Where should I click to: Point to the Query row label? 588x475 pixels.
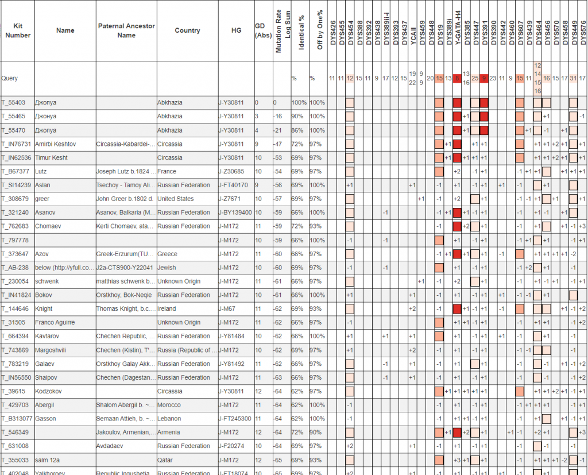[x=10, y=78]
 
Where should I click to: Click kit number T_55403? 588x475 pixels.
[x=13, y=103]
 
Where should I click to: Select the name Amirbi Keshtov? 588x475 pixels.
[x=55, y=144]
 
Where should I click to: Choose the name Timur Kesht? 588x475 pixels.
[x=52, y=157]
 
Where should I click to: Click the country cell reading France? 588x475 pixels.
[x=167, y=171]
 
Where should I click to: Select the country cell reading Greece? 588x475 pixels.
[x=167, y=254]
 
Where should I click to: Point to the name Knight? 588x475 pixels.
[x=44, y=309]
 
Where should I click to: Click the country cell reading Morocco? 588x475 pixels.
[x=169, y=405]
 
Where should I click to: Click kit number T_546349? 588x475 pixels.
[x=15, y=432]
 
